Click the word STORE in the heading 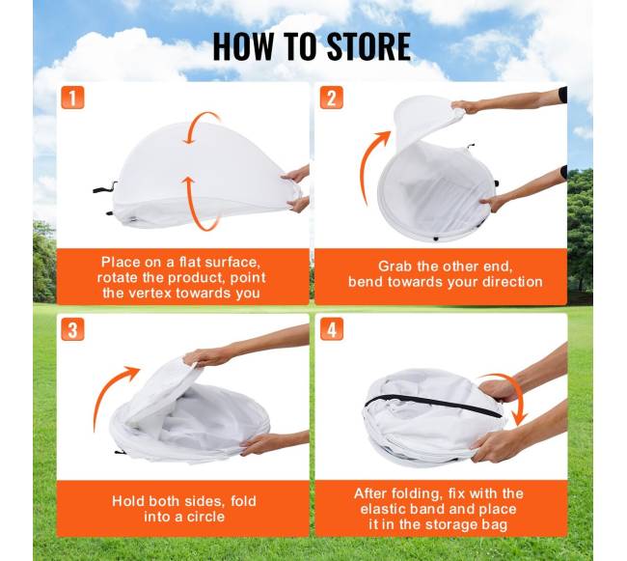[x=368, y=46]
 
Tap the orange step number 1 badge [x=72, y=98]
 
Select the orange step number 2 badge [x=332, y=98]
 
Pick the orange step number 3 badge [x=72, y=329]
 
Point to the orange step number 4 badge [x=332, y=329]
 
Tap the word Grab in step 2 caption [x=395, y=266]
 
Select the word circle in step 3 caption [x=205, y=517]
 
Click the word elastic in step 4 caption [x=384, y=509]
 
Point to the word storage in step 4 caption [x=451, y=524]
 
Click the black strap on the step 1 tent [x=105, y=187]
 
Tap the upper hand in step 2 [x=465, y=107]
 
